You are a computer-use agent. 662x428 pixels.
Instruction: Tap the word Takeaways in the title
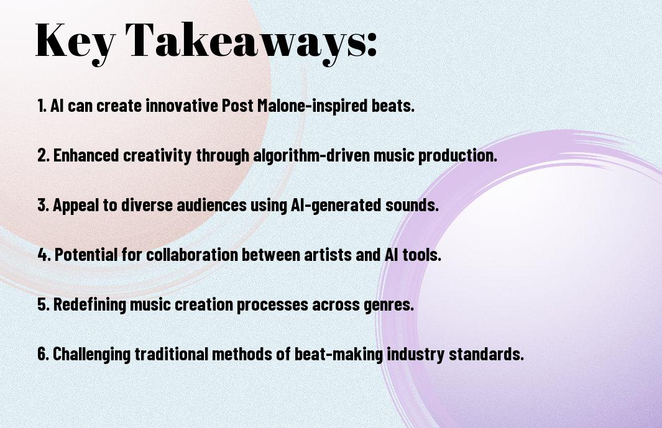coord(246,42)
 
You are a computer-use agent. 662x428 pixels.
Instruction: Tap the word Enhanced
coord(86,155)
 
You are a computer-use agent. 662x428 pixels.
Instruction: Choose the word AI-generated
coord(336,206)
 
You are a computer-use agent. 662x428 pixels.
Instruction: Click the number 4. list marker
coord(44,255)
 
